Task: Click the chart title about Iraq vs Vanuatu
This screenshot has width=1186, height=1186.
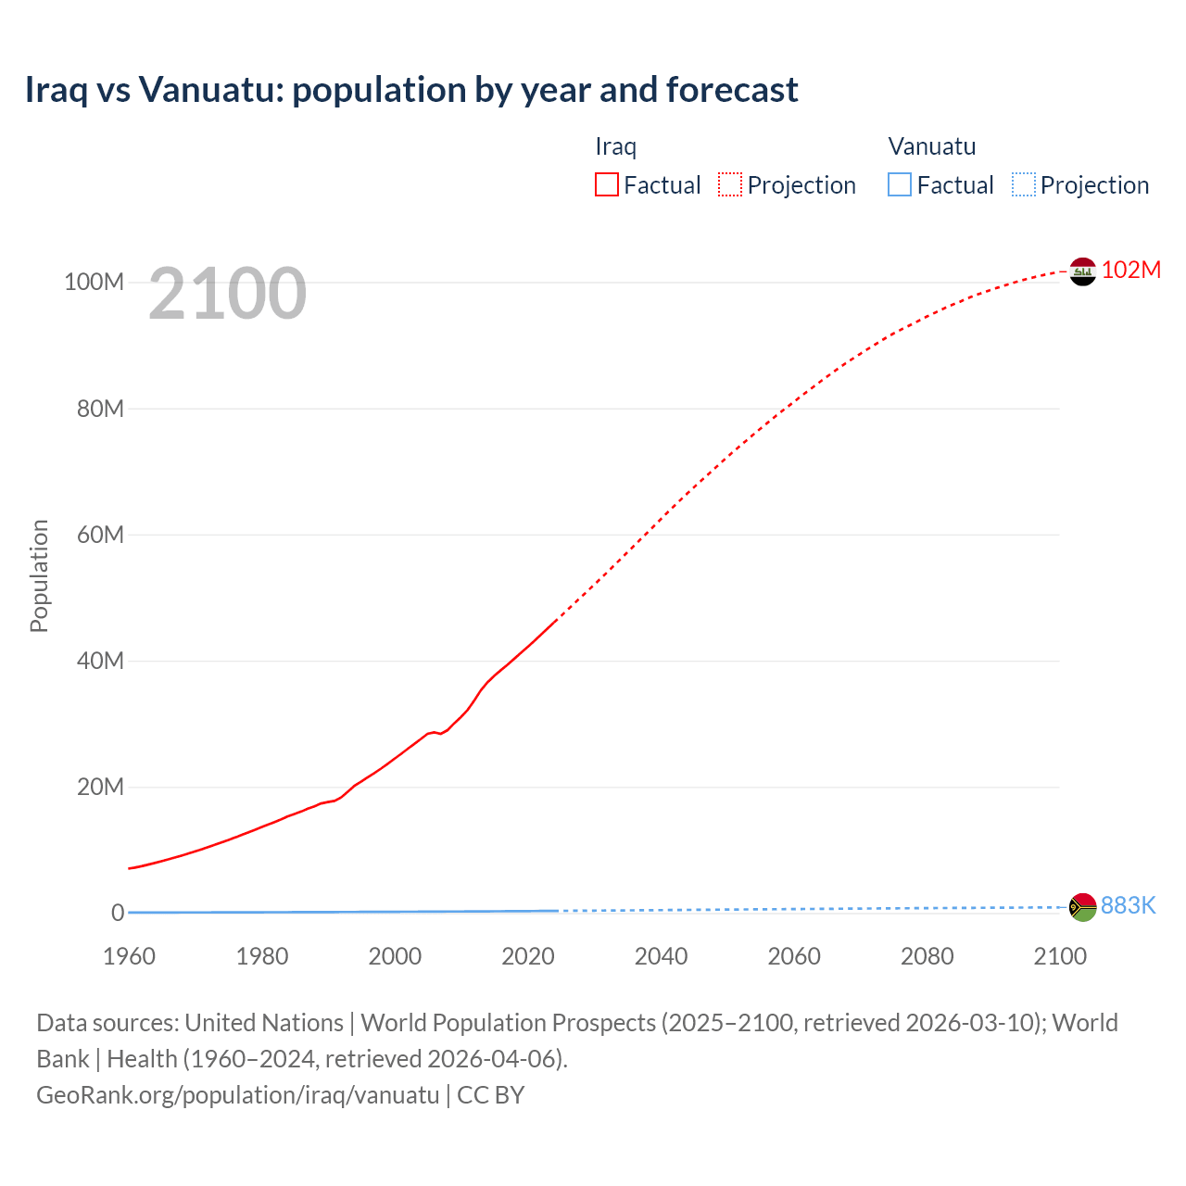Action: (x=411, y=90)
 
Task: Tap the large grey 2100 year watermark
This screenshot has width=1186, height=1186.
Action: (x=227, y=293)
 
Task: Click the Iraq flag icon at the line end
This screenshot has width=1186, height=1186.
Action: (x=1082, y=271)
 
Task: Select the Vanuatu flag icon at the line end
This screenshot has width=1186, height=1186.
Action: (x=1082, y=907)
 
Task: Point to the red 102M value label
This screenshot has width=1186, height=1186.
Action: (x=1130, y=270)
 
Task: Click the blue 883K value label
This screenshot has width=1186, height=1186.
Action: (x=1128, y=905)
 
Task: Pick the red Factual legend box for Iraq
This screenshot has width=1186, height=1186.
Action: (x=607, y=185)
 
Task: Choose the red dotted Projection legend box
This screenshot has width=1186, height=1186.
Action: (x=730, y=185)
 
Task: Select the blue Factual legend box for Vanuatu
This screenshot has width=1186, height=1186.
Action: (x=900, y=185)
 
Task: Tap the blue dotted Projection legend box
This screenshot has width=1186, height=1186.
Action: (x=1024, y=185)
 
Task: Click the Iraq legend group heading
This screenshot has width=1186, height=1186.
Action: (x=615, y=146)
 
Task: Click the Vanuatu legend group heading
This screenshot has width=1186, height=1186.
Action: (x=931, y=146)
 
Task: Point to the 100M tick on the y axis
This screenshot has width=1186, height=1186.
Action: (x=94, y=282)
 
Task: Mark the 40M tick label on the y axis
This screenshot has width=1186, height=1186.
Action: (x=100, y=661)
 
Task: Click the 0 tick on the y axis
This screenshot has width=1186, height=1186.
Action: (x=118, y=913)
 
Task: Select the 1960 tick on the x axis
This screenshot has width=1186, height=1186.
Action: (x=129, y=956)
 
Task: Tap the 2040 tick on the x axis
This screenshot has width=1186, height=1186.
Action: (x=661, y=956)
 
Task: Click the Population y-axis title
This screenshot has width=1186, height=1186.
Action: (x=39, y=575)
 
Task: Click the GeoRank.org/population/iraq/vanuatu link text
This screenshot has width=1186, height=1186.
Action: (x=237, y=1094)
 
